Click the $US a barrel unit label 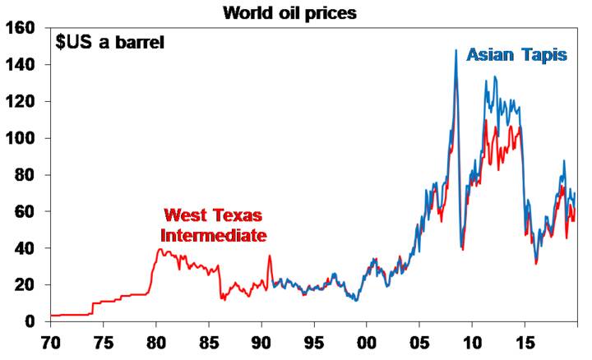[110, 42]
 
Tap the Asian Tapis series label [516, 56]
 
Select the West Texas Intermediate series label [214, 225]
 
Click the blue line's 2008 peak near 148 [456, 51]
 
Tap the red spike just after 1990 [269, 256]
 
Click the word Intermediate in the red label [214, 235]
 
